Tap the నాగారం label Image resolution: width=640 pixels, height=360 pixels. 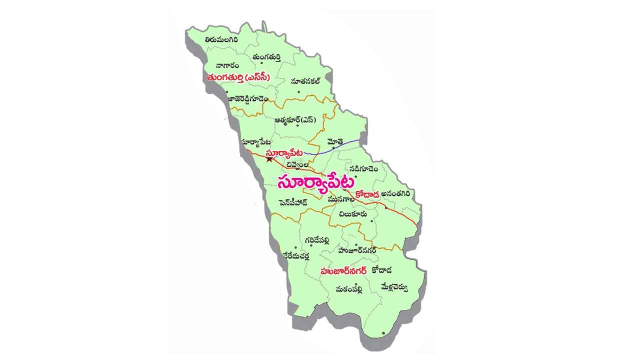click(227, 65)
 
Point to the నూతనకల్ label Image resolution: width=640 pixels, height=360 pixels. click(305, 80)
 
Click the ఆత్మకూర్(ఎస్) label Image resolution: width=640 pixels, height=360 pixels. click(295, 120)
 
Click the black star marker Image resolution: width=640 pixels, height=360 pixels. click(269, 159)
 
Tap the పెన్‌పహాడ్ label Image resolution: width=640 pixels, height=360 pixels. click(293, 202)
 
